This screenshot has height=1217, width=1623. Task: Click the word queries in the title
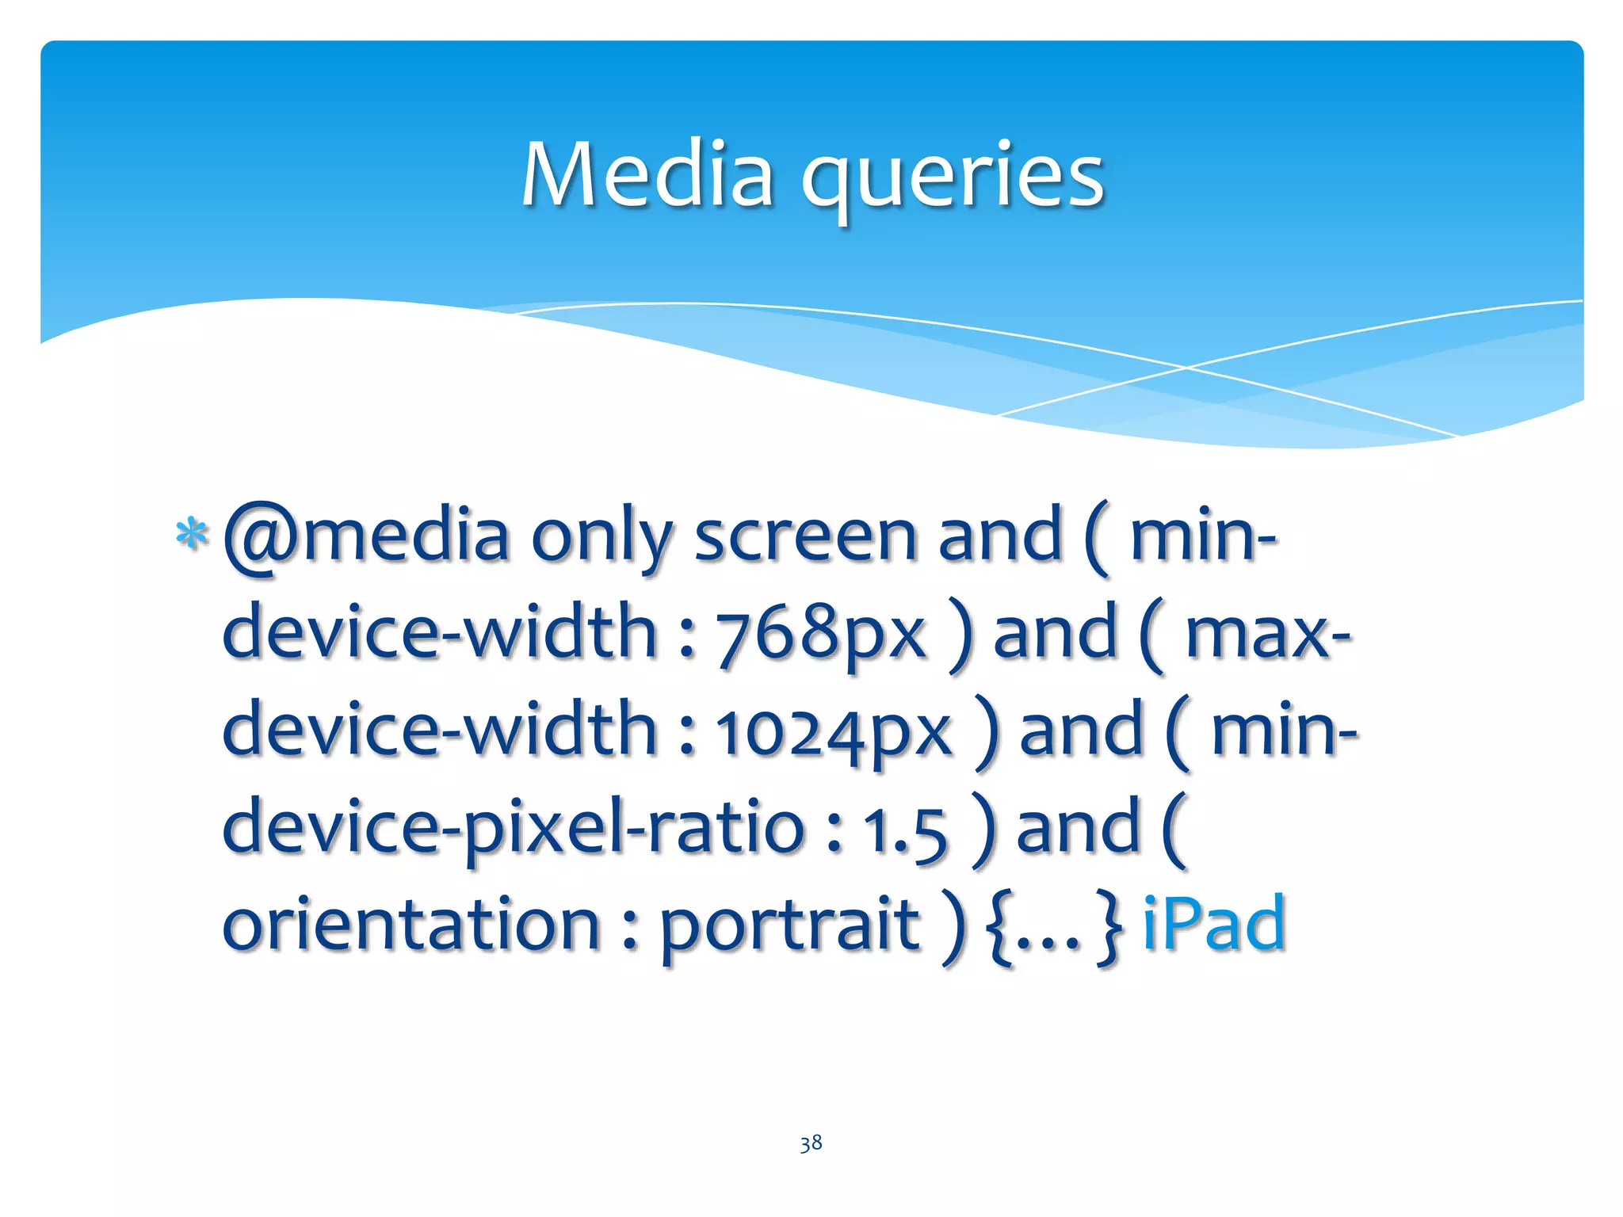pyautogui.click(x=953, y=178)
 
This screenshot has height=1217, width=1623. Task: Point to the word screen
pyautogui.click(x=805, y=536)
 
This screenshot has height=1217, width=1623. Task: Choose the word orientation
pyautogui.click(x=411, y=925)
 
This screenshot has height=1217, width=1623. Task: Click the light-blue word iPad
pyautogui.click(x=1213, y=923)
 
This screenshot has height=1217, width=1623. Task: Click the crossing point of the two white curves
pyautogui.click(x=1186, y=368)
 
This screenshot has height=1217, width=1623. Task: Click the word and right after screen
pyautogui.click(x=999, y=536)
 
